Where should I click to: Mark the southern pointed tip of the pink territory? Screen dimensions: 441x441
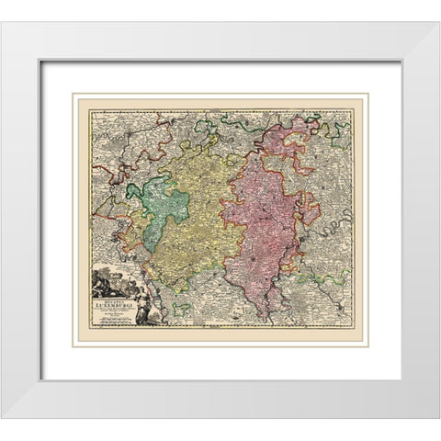[x=266, y=318]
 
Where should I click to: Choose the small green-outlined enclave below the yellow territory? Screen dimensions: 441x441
[x=183, y=306]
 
